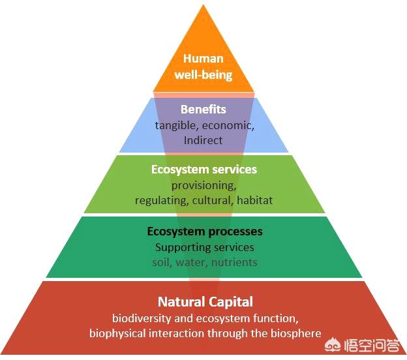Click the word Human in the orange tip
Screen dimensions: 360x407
coord(203,58)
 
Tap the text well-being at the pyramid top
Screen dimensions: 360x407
coord(203,74)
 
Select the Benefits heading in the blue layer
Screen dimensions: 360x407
coord(203,109)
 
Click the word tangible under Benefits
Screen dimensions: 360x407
coord(175,125)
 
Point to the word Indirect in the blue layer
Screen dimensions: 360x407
coord(203,140)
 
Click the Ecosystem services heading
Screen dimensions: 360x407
coord(203,170)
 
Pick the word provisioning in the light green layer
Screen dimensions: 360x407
coord(203,186)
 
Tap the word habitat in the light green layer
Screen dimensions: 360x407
coord(256,201)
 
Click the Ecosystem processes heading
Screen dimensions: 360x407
coord(204,232)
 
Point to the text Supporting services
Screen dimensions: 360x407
coord(204,247)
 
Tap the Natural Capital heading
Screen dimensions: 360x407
coord(205,302)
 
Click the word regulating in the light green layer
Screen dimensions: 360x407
coord(161,201)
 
